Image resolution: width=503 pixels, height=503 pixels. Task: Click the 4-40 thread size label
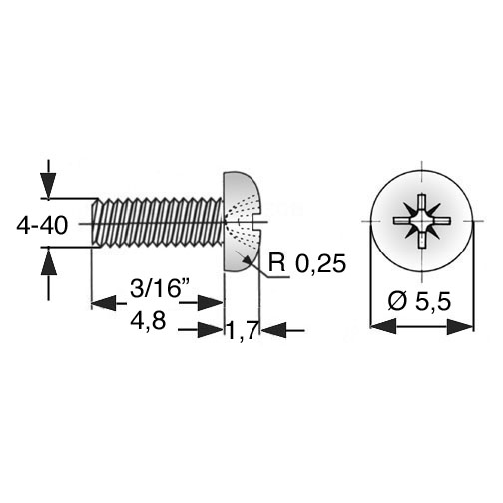[x=42, y=225]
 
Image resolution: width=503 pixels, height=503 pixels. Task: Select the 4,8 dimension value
[x=148, y=321]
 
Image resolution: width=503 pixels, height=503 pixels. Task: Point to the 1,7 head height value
[x=243, y=330]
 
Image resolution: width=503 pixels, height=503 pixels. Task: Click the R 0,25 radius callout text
[x=307, y=263]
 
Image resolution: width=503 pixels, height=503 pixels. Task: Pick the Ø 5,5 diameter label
[x=419, y=301]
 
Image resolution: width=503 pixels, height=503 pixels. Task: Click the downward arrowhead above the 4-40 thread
[x=49, y=186]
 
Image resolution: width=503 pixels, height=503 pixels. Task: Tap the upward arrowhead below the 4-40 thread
[x=49, y=261]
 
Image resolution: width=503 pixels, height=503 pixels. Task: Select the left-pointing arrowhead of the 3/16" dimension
[x=104, y=303]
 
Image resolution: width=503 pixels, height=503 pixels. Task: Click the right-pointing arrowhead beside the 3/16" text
[x=210, y=303]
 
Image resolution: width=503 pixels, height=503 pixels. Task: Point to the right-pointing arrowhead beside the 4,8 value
[x=210, y=330]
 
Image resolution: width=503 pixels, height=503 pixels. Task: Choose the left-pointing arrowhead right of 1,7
[x=273, y=330]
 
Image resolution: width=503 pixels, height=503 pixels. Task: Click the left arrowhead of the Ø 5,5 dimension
[x=383, y=326]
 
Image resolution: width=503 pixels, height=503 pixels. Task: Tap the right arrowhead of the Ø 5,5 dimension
[x=460, y=326]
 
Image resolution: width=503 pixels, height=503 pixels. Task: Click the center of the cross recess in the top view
[x=422, y=221]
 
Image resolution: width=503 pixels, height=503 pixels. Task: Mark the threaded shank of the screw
[x=157, y=223]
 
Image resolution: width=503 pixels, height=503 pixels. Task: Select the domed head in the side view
[x=242, y=222]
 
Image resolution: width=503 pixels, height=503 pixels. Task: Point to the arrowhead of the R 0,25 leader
[x=247, y=260]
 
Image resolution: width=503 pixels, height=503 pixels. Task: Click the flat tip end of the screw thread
[x=93, y=223]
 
